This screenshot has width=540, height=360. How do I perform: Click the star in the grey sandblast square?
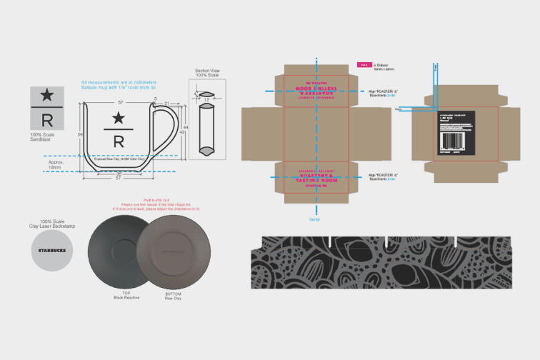[x=46, y=94]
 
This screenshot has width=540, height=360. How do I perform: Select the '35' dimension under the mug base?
[x=119, y=174]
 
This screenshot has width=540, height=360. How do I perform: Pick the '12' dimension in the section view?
[x=207, y=99]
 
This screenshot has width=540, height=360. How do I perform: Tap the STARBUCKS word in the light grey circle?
[x=51, y=251]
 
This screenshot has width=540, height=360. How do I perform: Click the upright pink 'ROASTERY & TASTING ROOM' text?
[x=314, y=177]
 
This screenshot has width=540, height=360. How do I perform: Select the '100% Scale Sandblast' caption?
[x=46, y=138]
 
